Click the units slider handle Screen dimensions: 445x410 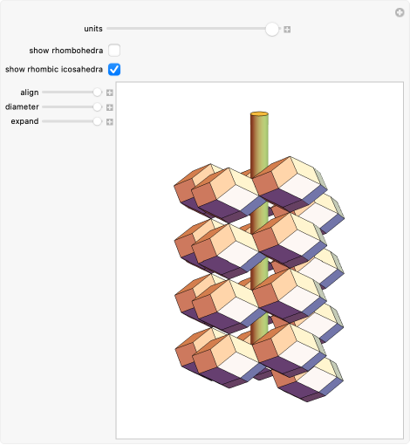(x=272, y=29)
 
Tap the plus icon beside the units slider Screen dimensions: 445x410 (x=287, y=29)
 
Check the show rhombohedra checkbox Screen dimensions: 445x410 (x=114, y=50)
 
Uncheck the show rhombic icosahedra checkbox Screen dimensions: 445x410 (x=114, y=69)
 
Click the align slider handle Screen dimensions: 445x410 (x=98, y=92)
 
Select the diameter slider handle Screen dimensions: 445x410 (x=98, y=106)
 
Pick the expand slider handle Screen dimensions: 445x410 (x=98, y=121)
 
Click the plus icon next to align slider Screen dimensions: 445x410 (x=110, y=92)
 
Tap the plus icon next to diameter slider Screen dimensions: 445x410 (x=110, y=106)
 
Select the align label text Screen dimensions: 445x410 (x=29, y=92)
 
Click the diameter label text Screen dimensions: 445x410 (x=22, y=106)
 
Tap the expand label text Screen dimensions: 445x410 (x=24, y=121)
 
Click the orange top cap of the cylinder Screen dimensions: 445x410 (x=259, y=114)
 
